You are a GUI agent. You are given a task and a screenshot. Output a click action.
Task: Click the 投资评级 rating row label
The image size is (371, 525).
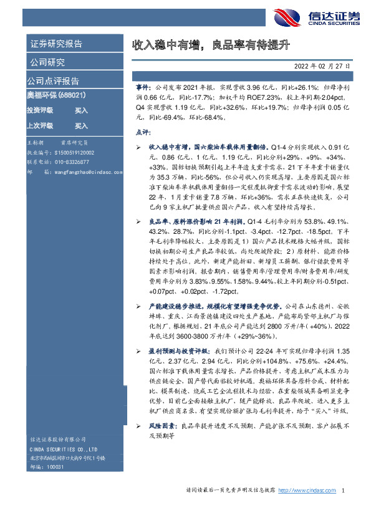click(39, 110)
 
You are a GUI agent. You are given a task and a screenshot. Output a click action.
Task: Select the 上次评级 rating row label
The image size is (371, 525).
click(39, 125)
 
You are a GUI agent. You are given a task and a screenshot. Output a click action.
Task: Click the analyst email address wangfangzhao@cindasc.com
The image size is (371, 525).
click(85, 170)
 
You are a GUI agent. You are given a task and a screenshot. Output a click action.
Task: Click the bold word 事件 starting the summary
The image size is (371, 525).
click(143, 89)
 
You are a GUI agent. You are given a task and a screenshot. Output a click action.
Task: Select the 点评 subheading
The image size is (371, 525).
click(143, 133)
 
